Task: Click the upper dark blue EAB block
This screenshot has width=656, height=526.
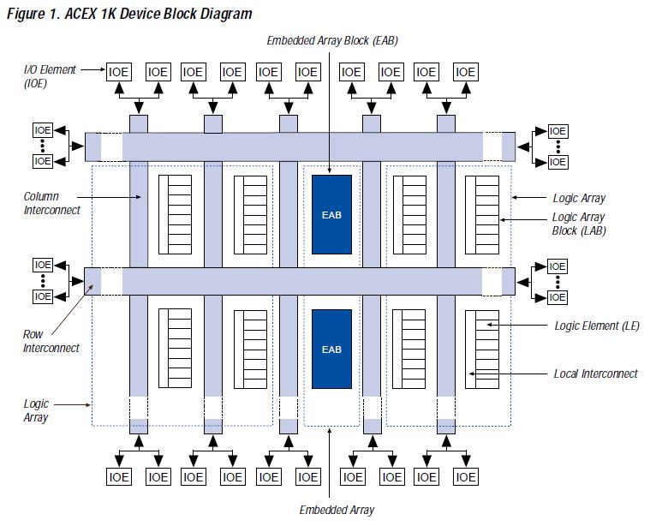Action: (x=331, y=215)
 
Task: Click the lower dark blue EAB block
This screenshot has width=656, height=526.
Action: (x=331, y=349)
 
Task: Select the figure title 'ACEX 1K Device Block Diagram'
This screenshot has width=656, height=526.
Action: (x=158, y=14)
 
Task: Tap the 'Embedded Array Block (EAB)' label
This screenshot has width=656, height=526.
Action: (x=332, y=40)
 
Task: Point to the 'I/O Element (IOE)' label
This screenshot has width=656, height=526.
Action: (x=50, y=76)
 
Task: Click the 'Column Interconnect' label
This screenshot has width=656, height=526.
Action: (x=51, y=203)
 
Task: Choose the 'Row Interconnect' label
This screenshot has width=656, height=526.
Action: (x=51, y=341)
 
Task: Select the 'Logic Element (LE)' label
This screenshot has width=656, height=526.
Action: (x=597, y=326)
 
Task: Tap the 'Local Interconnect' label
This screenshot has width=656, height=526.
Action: (x=595, y=374)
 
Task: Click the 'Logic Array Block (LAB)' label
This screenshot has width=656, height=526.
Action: (x=579, y=224)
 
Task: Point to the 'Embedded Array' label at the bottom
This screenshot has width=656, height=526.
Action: (x=337, y=510)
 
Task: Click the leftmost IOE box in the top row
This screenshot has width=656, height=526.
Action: (x=119, y=72)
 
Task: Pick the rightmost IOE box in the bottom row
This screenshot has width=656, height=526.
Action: (x=466, y=476)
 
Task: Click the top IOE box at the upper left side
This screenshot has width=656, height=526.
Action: (x=43, y=130)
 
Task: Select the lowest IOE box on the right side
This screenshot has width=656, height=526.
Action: (x=558, y=297)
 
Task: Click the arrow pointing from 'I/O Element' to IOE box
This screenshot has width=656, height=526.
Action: (x=92, y=69)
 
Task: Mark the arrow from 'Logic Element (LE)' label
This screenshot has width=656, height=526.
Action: (x=516, y=325)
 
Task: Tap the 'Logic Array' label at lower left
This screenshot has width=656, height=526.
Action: (x=36, y=410)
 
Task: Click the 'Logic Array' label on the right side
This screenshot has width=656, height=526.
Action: (x=579, y=198)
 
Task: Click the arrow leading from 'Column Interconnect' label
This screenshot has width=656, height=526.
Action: (x=109, y=197)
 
